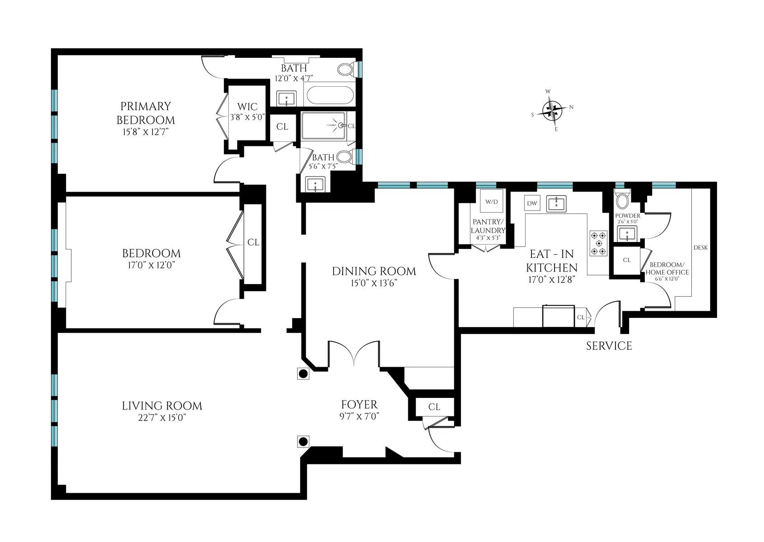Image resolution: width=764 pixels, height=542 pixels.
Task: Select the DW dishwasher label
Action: pos(532,203)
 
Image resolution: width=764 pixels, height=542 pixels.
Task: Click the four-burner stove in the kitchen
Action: pos(598,243)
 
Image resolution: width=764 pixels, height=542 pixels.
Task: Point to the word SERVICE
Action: pos(609,346)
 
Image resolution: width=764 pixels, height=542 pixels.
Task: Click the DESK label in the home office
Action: pos(700,248)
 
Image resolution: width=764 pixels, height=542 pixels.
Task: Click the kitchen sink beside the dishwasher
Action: pos(556,204)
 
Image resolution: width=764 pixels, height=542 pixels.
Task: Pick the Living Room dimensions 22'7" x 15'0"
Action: pos(162,418)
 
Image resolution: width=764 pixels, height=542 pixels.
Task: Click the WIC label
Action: pos(247,107)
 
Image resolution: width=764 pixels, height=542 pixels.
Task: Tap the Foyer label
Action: pos(359,404)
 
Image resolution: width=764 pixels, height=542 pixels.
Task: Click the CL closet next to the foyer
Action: pos(434,407)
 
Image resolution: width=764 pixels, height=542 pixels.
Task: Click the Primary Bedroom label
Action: pos(145,113)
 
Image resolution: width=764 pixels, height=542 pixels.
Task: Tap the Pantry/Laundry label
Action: pos(488,226)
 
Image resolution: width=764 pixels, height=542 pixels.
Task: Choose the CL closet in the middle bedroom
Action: pos(253,243)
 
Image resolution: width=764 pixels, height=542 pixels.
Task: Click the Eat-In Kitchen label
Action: pos(552,261)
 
